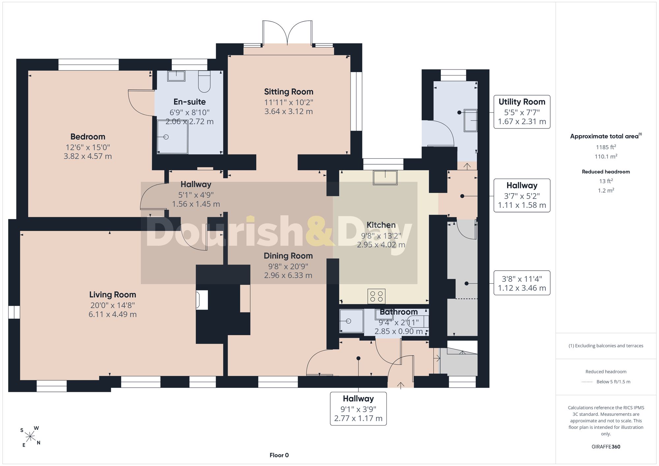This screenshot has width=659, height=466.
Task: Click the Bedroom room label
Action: pos(88,136)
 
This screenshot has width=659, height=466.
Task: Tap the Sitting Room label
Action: pos(289,92)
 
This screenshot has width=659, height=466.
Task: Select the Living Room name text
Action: pos(113,294)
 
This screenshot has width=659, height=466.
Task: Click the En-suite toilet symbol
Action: pos(204,81)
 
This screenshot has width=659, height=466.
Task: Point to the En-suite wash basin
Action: pos(176,76)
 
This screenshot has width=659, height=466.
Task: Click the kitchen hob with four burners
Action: pos(377,296)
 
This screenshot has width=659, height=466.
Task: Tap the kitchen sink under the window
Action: pos(385,178)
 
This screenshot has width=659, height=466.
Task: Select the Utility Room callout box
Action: pos(522,112)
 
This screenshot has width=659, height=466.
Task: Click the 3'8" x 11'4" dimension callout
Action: pos(522,283)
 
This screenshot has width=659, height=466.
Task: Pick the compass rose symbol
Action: pos(30,437)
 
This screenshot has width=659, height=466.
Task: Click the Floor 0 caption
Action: pos(279,455)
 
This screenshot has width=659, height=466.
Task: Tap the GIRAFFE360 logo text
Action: pos(606,447)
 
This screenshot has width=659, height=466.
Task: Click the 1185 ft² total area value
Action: pos(606,147)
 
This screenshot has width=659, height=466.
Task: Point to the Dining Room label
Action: pos(288,256)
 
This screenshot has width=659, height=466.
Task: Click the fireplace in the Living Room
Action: pos(202,300)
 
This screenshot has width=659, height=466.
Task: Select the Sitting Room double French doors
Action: pos(287,33)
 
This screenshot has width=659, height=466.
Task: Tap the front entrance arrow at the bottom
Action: pos(401,385)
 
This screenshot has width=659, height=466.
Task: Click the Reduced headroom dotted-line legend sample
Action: pos(587,382)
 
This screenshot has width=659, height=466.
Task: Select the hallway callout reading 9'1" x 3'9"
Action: pos(358,408)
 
